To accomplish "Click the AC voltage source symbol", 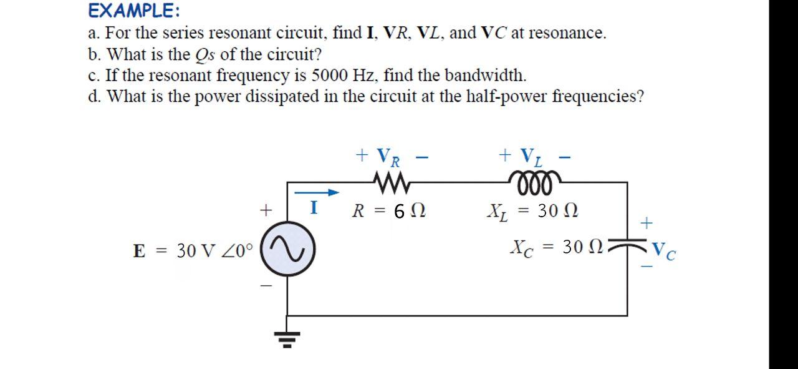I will [x=287, y=250].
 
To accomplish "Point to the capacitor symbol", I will [x=627, y=248].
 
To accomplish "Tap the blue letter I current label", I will [x=315, y=208].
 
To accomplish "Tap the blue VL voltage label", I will [x=530, y=156].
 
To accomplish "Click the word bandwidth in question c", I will [x=488, y=76].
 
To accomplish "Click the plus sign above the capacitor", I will [x=648, y=222].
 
